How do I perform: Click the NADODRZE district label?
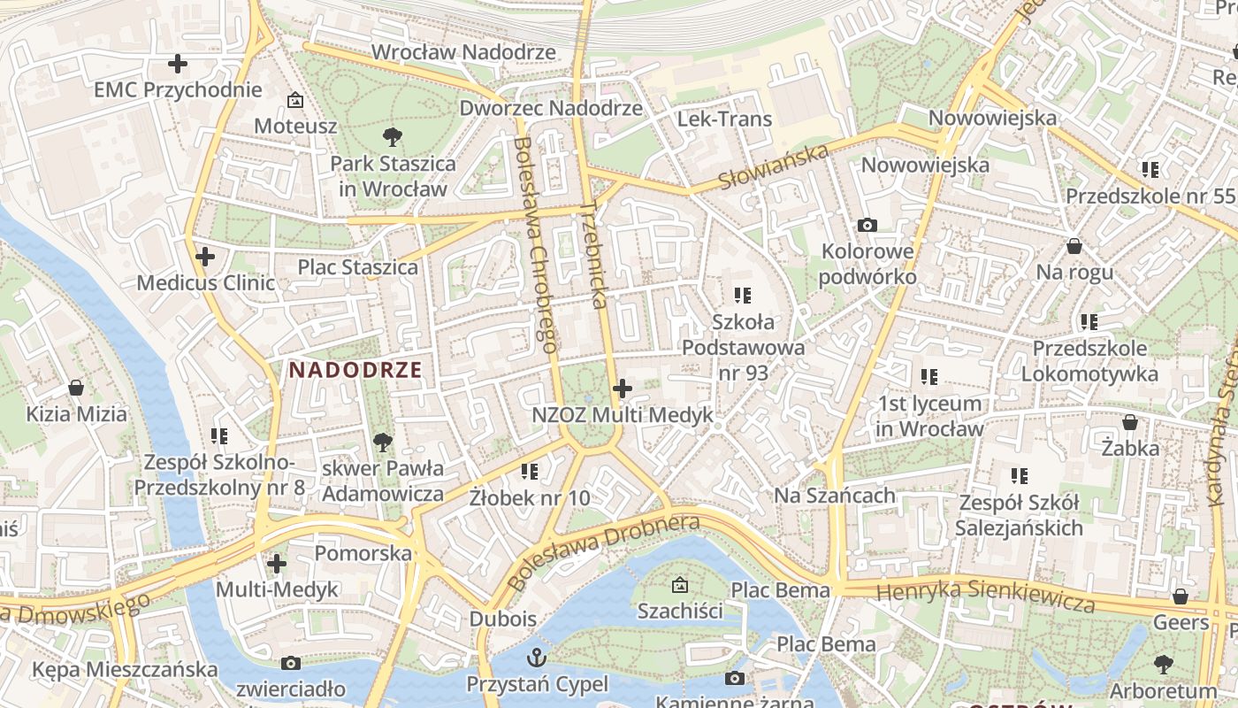click(355, 370)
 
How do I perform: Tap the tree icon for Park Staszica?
click(393, 137)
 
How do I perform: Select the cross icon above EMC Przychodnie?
click(178, 64)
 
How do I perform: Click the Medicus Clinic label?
click(205, 283)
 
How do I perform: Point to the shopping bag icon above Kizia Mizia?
click(76, 388)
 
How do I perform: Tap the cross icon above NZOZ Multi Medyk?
click(623, 388)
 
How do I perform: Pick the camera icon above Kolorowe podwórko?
click(867, 225)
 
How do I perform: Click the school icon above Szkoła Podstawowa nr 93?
click(743, 295)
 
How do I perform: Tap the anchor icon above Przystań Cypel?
click(537, 658)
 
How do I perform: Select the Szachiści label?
click(680, 611)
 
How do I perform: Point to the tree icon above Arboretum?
click(1164, 664)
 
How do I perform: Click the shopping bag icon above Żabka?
click(1130, 422)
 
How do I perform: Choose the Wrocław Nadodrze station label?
click(463, 52)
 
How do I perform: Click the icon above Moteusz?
click(295, 100)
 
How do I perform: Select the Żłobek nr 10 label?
click(529, 497)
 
